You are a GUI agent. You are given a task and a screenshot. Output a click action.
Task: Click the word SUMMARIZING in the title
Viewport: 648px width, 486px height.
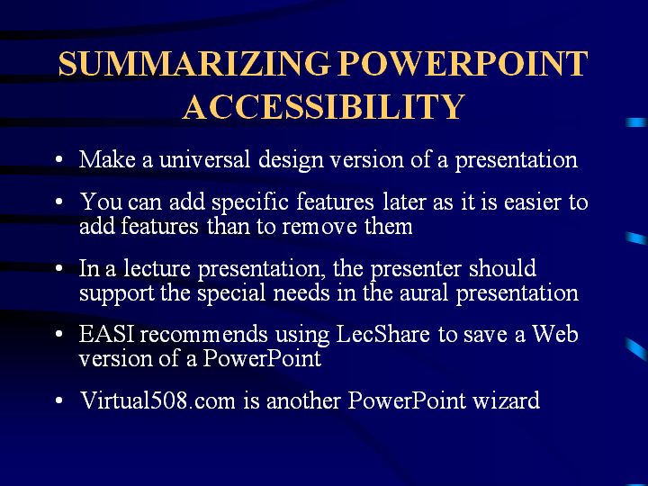[194, 64]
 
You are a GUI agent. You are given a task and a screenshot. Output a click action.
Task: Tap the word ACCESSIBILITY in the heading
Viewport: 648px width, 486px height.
[324, 106]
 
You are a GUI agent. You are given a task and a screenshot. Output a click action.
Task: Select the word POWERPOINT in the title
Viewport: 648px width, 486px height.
[463, 64]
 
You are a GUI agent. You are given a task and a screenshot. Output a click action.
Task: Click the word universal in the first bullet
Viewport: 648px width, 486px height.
[204, 159]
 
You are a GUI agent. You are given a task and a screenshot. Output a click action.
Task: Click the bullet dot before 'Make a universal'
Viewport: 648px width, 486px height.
[58, 159]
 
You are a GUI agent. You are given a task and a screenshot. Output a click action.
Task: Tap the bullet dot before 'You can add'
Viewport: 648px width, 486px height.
[58, 202]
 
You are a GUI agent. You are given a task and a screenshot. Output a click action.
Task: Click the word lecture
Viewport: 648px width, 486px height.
[157, 268]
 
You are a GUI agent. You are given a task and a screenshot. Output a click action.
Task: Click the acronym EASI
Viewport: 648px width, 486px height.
[106, 334]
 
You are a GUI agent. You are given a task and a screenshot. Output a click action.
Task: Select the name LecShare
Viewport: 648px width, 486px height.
[382, 334]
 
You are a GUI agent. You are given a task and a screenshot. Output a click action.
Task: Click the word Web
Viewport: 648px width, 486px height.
[555, 334]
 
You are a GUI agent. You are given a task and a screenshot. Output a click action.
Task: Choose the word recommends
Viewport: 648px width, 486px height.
[203, 334]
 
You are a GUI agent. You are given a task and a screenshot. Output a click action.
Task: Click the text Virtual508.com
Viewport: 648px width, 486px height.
[157, 400]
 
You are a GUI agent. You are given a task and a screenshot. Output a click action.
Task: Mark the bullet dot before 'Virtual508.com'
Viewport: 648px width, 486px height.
[58, 400]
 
